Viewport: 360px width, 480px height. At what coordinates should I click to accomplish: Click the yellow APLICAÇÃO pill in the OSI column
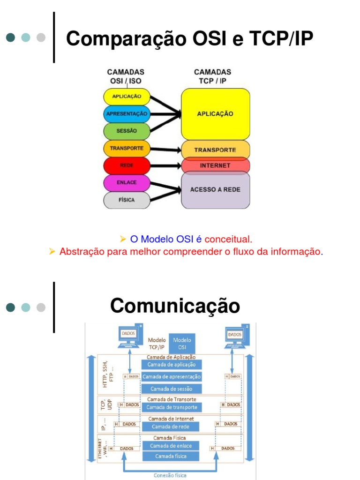[x=127, y=97]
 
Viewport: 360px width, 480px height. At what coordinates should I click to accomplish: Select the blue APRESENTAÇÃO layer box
[x=127, y=113]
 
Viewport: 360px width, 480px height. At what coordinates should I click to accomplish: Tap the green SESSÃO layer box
[x=127, y=131]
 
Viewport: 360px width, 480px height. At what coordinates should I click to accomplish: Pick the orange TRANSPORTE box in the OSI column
[x=127, y=148]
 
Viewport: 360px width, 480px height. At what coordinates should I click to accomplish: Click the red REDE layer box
[x=127, y=165]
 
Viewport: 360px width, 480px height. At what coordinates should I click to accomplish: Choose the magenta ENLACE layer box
[x=127, y=182]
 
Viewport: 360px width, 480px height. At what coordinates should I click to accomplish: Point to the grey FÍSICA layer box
[x=127, y=200]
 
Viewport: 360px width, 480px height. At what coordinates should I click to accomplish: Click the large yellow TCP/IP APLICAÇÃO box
[x=215, y=114]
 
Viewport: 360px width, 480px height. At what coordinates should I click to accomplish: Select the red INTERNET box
[x=215, y=165]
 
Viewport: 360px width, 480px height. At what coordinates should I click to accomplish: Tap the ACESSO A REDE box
[x=215, y=190]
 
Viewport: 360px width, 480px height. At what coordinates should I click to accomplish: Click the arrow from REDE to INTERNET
[x=165, y=165]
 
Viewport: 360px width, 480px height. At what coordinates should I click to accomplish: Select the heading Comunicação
[x=175, y=306]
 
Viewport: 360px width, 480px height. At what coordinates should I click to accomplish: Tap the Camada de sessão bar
[x=172, y=389]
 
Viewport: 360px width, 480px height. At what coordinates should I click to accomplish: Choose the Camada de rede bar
[x=170, y=427]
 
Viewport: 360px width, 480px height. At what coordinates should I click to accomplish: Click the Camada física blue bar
[x=171, y=456]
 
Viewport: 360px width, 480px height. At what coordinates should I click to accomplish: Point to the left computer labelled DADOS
[x=129, y=336]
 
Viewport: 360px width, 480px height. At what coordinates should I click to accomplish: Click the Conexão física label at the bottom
[x=170, y=475]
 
